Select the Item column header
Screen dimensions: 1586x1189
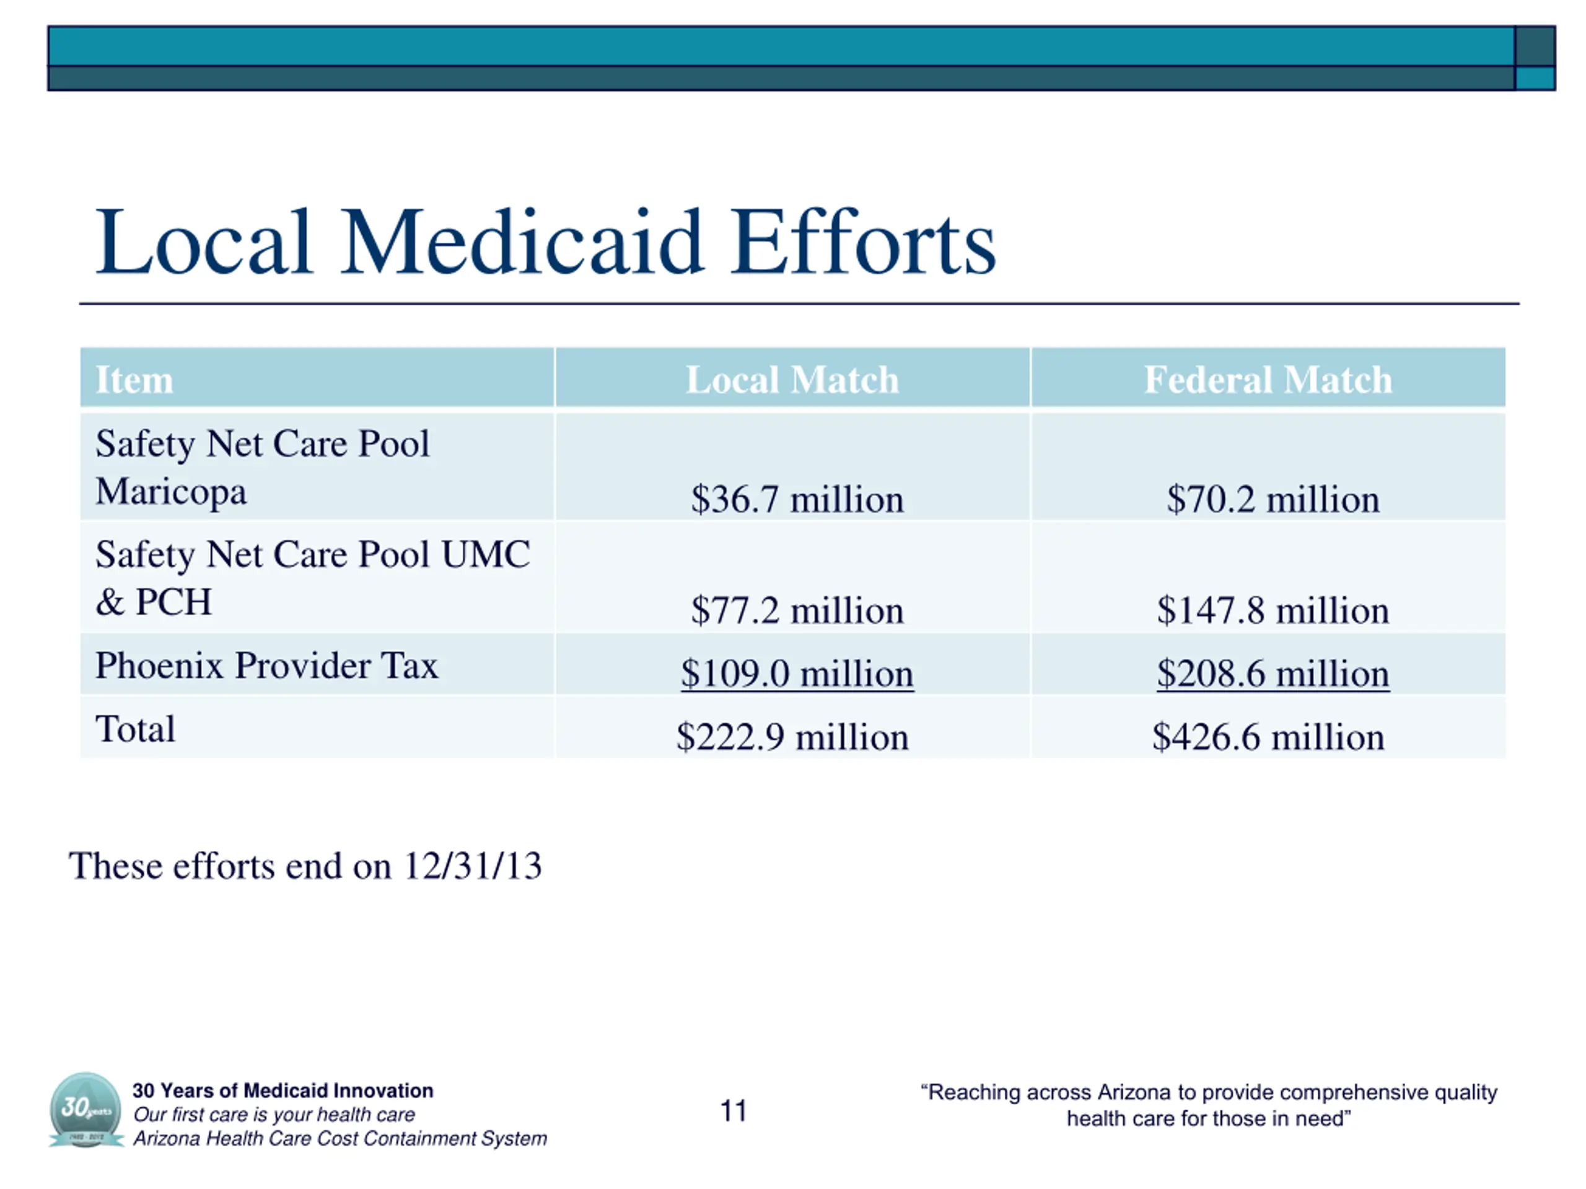pyautogui.click(x=134, y=379)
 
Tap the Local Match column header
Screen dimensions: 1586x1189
pyautogui.click(x=792, y=379)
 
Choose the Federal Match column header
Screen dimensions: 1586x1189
pyautogui.click(x=1268, y=379)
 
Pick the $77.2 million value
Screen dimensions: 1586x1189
pyautogui.click(x=797, y=611)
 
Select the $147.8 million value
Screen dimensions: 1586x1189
pyautogui.click(x=1273, y=611)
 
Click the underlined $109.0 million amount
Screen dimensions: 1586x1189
pyautogui.click(x=797, y=674)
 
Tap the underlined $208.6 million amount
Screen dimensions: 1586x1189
pyautogui.click(x=1273, y=674)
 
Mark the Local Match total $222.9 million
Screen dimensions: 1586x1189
pyautogui.click(x=792, y=737)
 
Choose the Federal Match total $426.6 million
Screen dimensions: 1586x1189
pyautogui.click(x=1268, y=737)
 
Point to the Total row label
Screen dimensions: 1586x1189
pyautogui.click(x=135, y=729)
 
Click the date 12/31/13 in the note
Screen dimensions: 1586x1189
pyautogui.click(x=472, y=866)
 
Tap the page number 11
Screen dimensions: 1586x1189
pyautogui.click(x=733, y=1111)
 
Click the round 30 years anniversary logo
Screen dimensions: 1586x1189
pyautogui.click(x=86, y=1110)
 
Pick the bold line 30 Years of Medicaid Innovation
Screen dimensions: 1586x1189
pyautogui.click(x=283, y=1090)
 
